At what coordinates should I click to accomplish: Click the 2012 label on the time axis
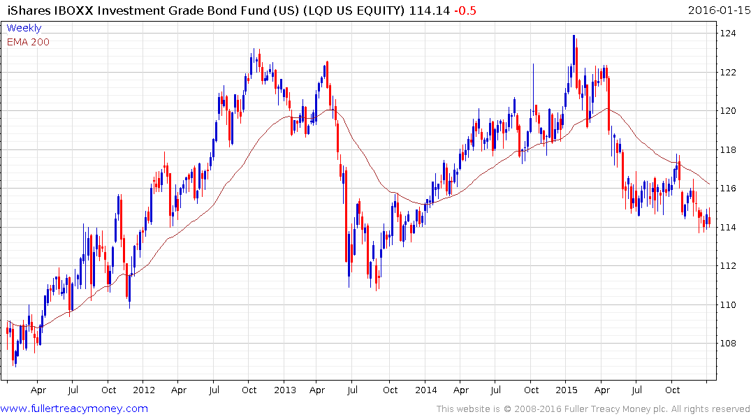(143, 390)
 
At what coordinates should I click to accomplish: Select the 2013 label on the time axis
(285, 390)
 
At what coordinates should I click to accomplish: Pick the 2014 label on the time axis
(425, 390)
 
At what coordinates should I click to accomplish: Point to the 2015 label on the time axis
(567, 390)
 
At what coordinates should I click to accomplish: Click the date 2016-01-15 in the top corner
(717, 10)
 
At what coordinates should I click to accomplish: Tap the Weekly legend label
(24, 28)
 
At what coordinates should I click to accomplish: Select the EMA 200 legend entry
(28, 41)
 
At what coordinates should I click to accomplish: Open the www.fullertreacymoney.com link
(74, 409)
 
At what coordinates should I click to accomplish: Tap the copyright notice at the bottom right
(593, 409)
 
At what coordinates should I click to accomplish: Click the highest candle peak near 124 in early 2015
(574, 36)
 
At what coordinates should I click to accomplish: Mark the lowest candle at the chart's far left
(15, 365)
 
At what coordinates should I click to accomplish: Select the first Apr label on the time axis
(38, 390)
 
